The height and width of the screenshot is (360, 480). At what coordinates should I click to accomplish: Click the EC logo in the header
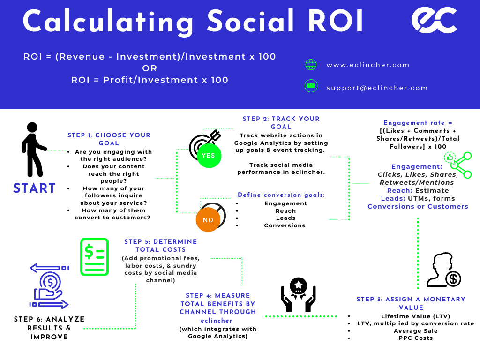(x=434, y=20)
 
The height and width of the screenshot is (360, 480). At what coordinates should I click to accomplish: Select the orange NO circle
(x=208, y=220)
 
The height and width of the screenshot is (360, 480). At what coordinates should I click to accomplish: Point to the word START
(x=35, y=188)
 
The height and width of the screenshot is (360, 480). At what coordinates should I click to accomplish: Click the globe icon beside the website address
(x=311, y=65)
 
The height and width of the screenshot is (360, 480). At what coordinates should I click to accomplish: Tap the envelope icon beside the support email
(x=311, y=87)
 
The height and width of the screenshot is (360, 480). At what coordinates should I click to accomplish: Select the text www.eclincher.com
(x=368, y=65)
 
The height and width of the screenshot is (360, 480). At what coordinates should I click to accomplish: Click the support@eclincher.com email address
(x=377, y=88)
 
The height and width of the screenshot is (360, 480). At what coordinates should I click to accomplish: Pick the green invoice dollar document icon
(x=94, y=256)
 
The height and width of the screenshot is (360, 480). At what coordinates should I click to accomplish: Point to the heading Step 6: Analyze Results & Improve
(x=49, y=328)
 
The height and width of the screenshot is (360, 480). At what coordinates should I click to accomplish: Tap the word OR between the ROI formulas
(x=150, y=68)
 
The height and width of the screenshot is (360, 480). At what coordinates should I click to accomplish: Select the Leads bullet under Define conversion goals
(x=285, y=218)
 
